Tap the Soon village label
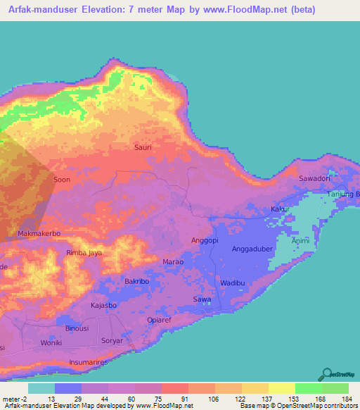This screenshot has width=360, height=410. pyautogui.click(x=61, y=180)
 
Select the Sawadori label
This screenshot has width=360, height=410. pyautogui.click(x=314, y=178)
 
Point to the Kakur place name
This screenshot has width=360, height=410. pyautogui.click(x=280, y=210)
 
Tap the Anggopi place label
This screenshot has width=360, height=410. pyautogui.click(x=205, y=240)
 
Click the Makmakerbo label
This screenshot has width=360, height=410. pyautogui.click(x=39, y=233)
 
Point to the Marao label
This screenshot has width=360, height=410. pyautogui.click(x=174, y=261)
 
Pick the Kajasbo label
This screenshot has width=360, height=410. pyautogui.click(x=105, y=306)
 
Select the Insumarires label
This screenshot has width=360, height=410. pyautogui.click(x=89, y=361)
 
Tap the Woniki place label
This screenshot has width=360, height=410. pyautogui.click(x=51, y=342)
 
